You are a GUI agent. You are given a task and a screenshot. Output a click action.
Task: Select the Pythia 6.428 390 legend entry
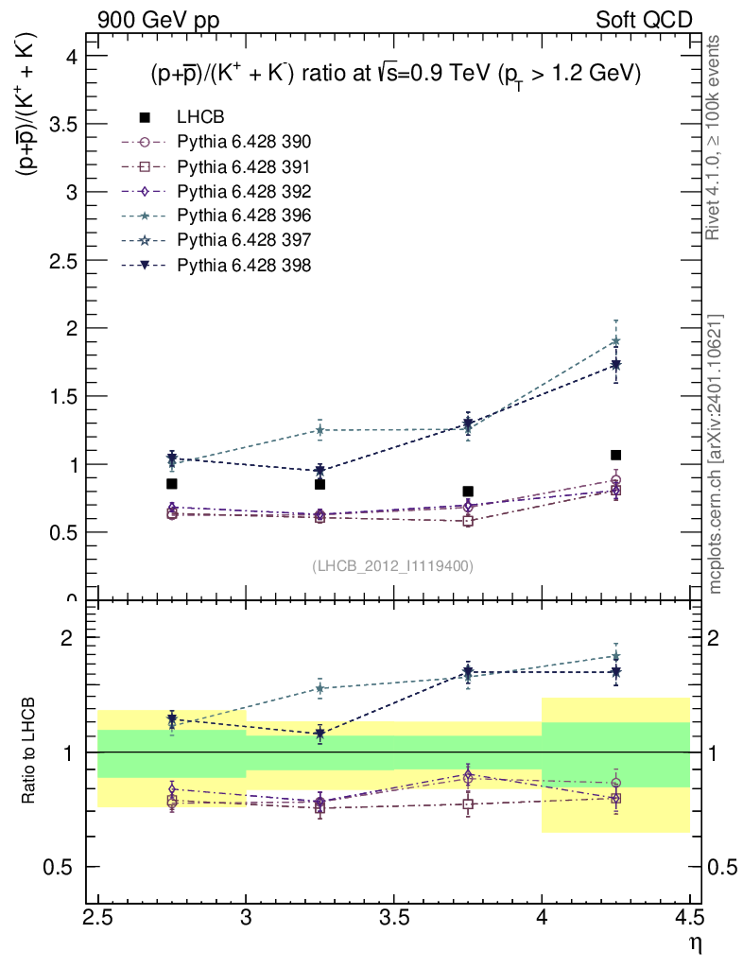coord(243,142)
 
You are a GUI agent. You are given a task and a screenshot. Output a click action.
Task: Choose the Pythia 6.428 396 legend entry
coord(243,216)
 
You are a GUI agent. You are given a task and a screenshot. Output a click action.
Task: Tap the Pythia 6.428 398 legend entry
coord(243,266)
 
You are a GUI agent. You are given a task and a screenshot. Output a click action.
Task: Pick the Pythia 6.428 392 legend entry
coord(243,191)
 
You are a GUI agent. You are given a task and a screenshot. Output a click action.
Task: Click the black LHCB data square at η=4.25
coord(615,455)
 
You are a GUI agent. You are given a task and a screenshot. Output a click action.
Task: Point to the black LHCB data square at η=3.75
coord(468,492)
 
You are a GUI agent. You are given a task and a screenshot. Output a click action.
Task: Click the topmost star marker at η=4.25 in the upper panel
coord(615,341)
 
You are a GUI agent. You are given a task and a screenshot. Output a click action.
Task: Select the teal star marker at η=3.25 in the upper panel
coord(320,430)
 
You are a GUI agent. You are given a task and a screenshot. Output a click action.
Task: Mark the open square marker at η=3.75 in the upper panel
coord(468,521)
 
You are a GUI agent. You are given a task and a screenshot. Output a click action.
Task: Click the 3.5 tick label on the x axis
coord(393,917)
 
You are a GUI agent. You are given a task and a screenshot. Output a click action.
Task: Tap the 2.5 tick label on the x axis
coord(97,917)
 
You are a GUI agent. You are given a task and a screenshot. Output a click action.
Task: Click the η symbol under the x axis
coord(693,942)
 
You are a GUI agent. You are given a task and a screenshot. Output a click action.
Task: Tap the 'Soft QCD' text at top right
coord(644,20)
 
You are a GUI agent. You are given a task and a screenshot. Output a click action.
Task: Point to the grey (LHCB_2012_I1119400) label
coord(392,565)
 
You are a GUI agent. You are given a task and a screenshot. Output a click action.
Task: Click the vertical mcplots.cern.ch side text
coord(717,454)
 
